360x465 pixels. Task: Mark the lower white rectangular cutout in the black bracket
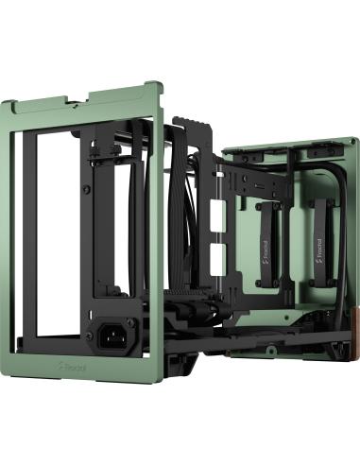coord(219,254)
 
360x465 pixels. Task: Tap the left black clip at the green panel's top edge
coord(266,153)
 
